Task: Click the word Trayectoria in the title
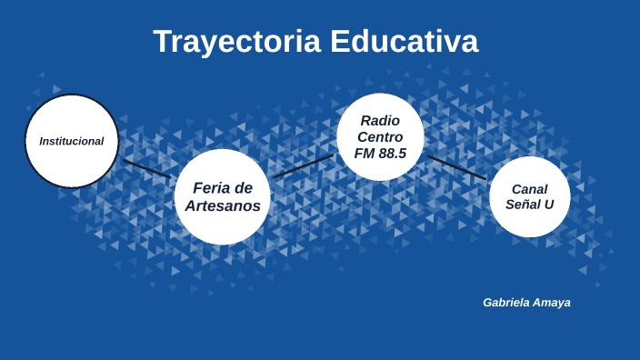236,42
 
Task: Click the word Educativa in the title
404,42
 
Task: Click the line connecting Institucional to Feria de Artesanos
146,168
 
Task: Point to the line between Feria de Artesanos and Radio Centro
303,165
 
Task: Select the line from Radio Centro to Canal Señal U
456,166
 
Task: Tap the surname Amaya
555,303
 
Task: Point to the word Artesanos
223,206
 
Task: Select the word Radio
380,121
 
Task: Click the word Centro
380,137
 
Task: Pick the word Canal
530,189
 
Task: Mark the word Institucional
72,141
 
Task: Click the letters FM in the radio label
365,154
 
